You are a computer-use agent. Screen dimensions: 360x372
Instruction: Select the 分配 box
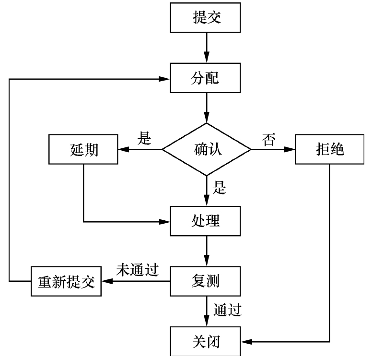(x=207, y=77)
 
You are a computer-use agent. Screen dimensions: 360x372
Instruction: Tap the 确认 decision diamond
(x=207, y=149)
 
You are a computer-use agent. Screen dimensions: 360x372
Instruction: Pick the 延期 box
(x=83, y=149)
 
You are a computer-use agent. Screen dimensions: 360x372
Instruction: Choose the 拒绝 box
(x=330, y=149)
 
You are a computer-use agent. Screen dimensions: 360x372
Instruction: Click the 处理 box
(x=207, y=221)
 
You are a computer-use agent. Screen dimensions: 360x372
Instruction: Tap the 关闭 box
(x=207, y=342)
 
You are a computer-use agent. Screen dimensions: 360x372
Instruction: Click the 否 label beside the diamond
(x=268, y=140)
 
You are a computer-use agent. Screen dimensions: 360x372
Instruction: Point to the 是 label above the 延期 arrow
(x=144, y=139)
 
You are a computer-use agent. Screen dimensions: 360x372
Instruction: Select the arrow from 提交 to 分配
(x=207, y=48)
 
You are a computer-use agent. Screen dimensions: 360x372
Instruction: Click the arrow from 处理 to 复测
(x=207, y=251)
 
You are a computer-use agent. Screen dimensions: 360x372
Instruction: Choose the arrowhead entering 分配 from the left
(x=166, y=77)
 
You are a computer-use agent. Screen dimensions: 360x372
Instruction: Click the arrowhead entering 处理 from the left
(x=166, y=222)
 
